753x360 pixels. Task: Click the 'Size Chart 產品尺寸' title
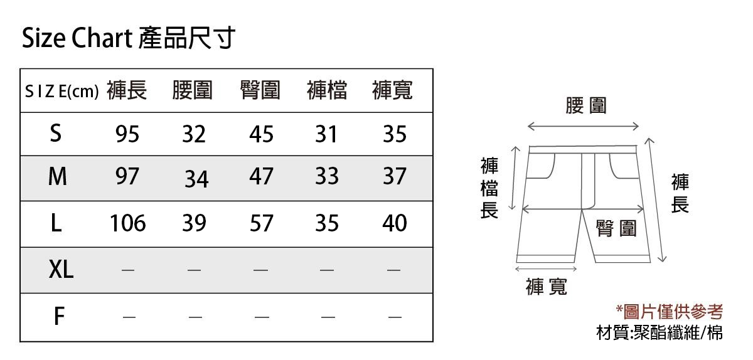point(129,38)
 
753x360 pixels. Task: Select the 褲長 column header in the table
point(127,90)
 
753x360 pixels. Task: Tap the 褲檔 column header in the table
point(327,90)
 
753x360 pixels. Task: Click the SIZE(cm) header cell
point(62,91)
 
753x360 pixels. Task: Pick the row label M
point(58,176)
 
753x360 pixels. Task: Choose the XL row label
point(61,269)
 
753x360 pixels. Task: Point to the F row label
point(59,316)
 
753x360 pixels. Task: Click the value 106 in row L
point(128,223)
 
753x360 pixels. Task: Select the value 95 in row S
point(127,134)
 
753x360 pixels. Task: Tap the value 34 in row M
point(196,179)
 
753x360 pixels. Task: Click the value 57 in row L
point(261,223)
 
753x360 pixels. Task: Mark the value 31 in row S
point(326,134)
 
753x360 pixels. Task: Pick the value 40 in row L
point(395,223)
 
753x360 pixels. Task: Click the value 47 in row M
point(261,176)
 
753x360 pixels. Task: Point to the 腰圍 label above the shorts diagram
point(586,105)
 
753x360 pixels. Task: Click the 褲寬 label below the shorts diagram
point(547,287)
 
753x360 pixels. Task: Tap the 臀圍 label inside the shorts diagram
point(616,228)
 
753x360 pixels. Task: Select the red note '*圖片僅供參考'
point(670,312)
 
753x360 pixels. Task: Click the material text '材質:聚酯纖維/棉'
point(660,332)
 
